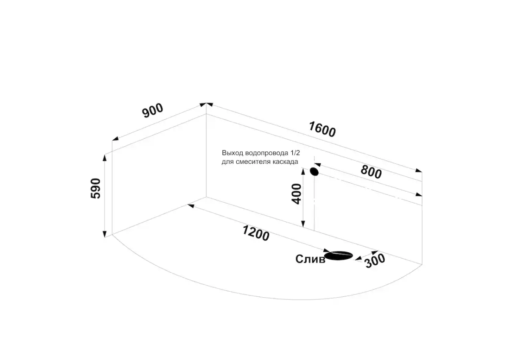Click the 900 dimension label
click(153, 111)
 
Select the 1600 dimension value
click(322, 129)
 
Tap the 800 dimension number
click(371, 171)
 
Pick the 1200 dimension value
click(256, 233)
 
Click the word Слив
click(310, 259)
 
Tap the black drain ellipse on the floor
click(338, 255)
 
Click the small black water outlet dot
click(314, 171)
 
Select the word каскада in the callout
click(285, 162)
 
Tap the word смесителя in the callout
click(253, 162)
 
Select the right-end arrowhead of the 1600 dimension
click(419, 170)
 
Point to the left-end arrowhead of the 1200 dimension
click(190, 206)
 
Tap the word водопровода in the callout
click(266, 153)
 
